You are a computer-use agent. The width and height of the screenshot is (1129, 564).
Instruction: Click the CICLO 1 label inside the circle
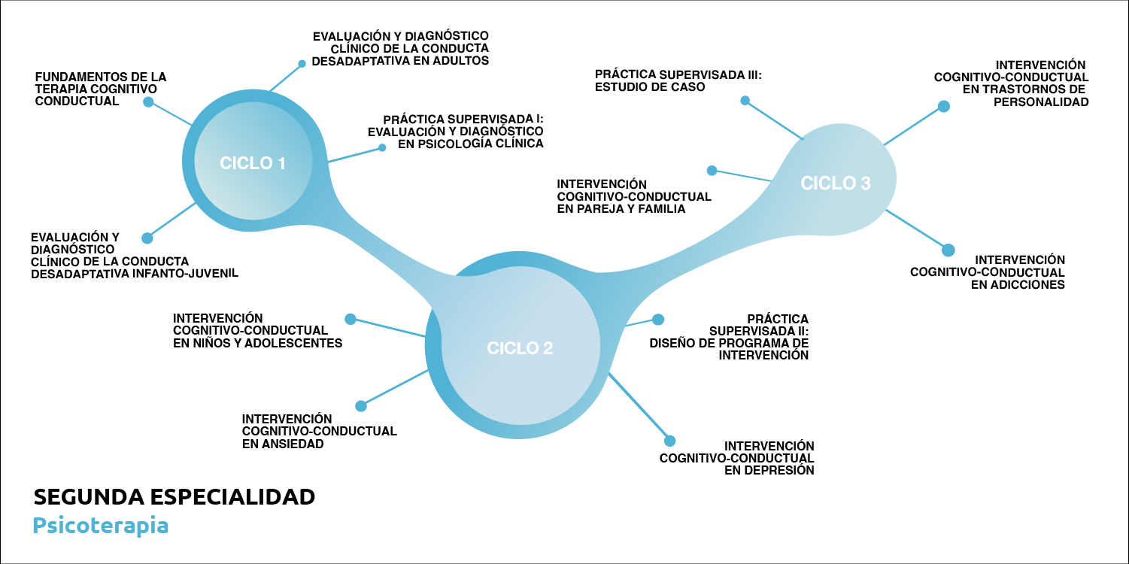[253, 163]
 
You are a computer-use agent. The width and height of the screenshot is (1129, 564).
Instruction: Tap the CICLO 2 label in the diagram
[520, 348]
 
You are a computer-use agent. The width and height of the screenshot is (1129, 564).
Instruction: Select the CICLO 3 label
[836, 183]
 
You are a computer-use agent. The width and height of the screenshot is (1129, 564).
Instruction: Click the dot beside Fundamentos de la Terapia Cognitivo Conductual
[148, 102]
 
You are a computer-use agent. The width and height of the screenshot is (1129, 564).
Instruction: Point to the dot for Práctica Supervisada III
[745, 100]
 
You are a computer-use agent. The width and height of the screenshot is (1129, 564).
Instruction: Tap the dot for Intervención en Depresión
[669, 441]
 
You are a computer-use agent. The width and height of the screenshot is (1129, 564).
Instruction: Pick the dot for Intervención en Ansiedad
[360, 406]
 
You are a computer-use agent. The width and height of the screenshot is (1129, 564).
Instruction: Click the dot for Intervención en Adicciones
[948, 250]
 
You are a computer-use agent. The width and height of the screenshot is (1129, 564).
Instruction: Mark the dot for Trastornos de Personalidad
[943, 107]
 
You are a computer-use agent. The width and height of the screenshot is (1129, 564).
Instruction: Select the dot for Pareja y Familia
[712, 171]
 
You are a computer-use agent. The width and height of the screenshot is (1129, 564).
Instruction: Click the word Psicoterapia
[100, 525]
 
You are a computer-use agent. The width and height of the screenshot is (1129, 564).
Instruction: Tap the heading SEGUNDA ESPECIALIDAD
[174, 497]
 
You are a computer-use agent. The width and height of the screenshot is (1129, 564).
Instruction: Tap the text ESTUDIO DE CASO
[650, 87]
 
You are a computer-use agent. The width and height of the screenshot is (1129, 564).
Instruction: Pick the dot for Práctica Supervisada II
[658, 319]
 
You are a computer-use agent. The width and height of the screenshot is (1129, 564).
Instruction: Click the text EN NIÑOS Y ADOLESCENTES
[258, 343]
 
